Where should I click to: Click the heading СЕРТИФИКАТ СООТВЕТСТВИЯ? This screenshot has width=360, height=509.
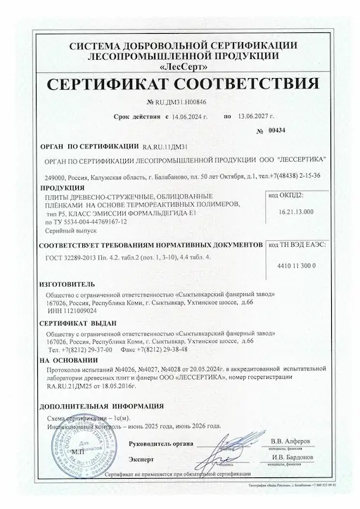(x=180, y=85)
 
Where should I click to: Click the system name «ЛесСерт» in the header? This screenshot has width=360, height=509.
(x=179, y=68)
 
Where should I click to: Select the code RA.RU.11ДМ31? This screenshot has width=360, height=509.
(x=165, y=148)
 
